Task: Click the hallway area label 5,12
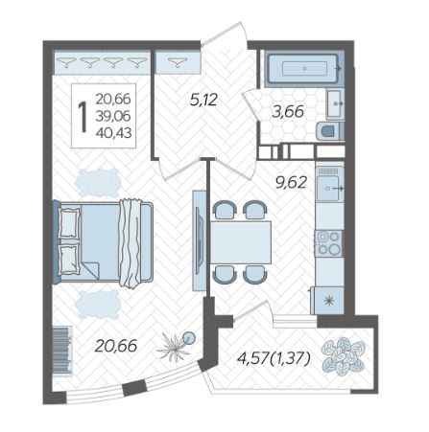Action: [203, 100]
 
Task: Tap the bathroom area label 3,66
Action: [288, 112]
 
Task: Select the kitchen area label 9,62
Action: [291, 183]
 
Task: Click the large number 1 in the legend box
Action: [83, 117]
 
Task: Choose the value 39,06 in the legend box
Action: [113, 116]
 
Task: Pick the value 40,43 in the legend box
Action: [113, 132]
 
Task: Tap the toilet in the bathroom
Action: [330, 131]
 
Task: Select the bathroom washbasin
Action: [335, 103]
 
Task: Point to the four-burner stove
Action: [328, 243]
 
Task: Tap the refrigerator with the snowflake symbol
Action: [328, 301]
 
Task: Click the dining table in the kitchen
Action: [241, 242]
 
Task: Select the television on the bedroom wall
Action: [199, 240]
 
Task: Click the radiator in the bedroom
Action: [61, 351]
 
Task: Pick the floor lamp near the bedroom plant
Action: [189, 337]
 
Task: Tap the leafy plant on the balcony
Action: [344, 355]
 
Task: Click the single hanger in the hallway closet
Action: [177, 62]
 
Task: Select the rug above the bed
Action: [98, 183]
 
